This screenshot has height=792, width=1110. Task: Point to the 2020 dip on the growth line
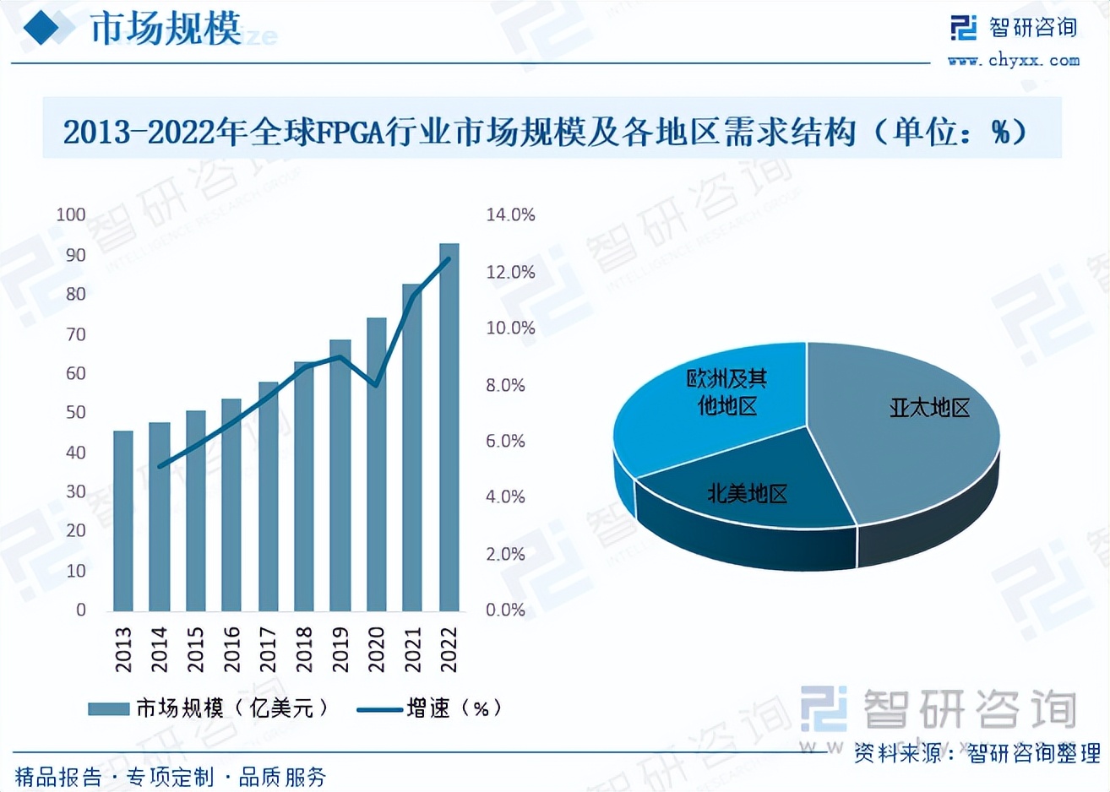click(x=376, y=385)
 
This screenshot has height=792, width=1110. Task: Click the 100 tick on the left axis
click(x=71, y=214)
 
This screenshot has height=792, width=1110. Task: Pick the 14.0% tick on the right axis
click(x=510, y=215)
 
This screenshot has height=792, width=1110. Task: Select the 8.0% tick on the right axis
click(x=505, y=385)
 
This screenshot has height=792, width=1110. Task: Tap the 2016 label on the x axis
click(x=231, y=648)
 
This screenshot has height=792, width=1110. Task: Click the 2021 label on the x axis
click(x=412, y=648)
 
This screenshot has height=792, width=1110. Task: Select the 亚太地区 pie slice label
click(x=929, y=409)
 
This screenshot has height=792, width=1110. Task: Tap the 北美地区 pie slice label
click(x=747, y=493)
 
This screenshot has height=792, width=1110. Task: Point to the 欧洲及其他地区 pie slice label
click(x=726, y=393)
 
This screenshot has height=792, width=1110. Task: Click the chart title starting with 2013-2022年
click(x=545, y=132)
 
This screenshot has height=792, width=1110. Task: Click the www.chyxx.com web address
click(x=1013, y=61)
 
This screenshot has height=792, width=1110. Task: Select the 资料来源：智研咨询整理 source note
click(x=977, y=752)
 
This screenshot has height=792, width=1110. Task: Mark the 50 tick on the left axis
click(x=76, y=413)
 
